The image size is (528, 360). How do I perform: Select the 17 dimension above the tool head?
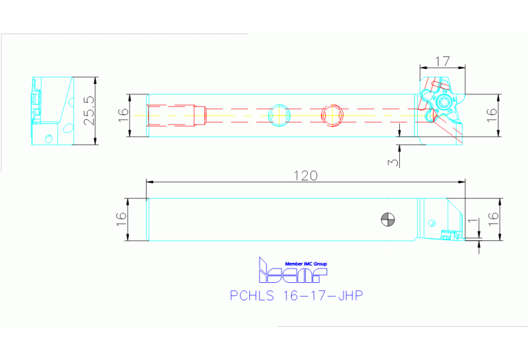pos(443,60)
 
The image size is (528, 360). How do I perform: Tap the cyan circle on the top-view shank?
pos(279,115)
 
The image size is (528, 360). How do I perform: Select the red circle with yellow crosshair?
pos(333,115)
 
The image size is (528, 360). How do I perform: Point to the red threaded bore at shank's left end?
pos(178,115)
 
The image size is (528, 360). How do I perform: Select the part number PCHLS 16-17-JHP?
pos(296,296)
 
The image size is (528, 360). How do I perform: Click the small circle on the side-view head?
pos(432,223)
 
